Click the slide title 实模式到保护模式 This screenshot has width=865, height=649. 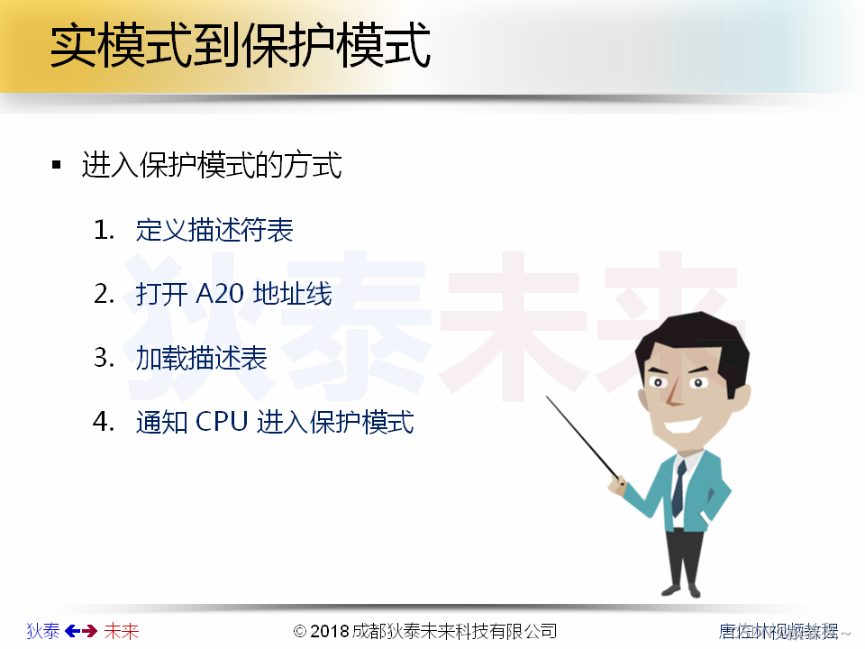point(240,48)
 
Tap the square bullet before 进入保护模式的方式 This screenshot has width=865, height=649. point(57,166)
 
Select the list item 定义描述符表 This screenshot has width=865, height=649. point(214,231)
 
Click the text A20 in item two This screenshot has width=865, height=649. point(214,294)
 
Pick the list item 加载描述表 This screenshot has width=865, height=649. point(202,358)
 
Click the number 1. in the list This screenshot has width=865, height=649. point(105,231)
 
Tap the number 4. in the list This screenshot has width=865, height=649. point(105,422)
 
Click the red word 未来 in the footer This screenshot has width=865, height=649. point(122,631)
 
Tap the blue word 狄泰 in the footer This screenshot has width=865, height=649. point(43,631)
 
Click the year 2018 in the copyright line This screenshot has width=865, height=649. point(330,631)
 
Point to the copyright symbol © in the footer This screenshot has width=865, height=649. point(300,631)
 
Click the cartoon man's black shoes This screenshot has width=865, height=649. point(680,590)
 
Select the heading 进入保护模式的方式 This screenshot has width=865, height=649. point(212,166)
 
